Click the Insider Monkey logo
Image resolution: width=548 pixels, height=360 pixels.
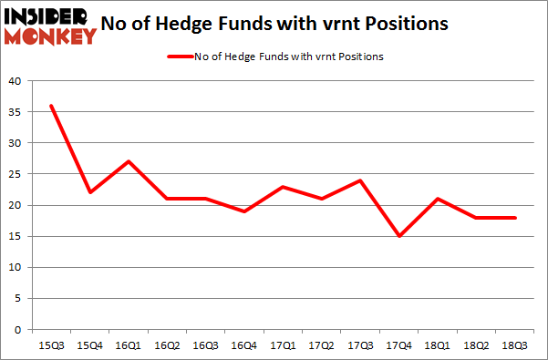tap(51, 26)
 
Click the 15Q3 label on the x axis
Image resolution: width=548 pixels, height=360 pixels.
tap(51, 345)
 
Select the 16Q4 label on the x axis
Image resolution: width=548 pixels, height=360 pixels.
tap(245, 345)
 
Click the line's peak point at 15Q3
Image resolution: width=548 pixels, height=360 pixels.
tap(51, 106)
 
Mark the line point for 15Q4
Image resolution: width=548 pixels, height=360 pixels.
tap(89, 192)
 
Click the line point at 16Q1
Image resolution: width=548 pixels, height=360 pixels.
tap(129, 161)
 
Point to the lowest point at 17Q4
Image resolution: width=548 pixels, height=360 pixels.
tap(399, 236)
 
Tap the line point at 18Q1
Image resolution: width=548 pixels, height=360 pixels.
tap(439, 199)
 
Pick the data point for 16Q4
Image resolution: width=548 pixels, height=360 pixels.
tap(245, 211)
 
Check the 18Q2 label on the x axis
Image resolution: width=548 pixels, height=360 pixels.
tap(477, 345)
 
